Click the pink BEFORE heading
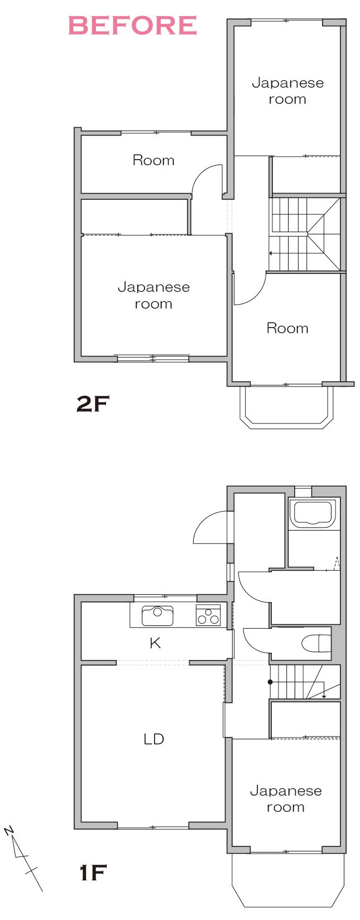[x=132, y=26]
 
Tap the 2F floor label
[x=93, y=404]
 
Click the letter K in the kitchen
[x=155, y=643]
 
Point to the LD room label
[x=154, y=739]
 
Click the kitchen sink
[x=157, y=615]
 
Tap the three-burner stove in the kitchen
[x=208, y=615]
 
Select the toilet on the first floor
[x=316, y=643]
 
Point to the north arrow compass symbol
[x=24, y=850]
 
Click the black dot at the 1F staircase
[x=270, y=682]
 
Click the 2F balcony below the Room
[x=286, y=407]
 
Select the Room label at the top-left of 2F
[x=153, y=160]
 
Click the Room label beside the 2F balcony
[x=287, y=328]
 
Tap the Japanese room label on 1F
[x=286, y=799]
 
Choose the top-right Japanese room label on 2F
[x=287, y=91]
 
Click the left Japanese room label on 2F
[x=153, y=295]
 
